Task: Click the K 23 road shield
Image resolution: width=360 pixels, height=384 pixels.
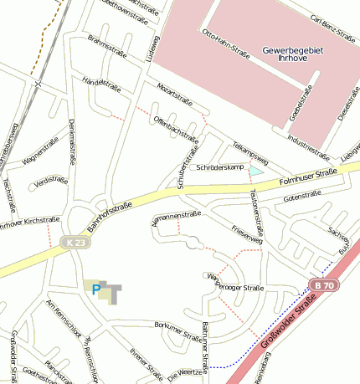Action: pos(75,243)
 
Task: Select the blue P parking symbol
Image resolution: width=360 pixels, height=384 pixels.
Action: pos(96,291)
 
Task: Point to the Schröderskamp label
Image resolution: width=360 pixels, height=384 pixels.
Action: pos(219,168)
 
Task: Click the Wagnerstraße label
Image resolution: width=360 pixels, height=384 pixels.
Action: pos(45,153)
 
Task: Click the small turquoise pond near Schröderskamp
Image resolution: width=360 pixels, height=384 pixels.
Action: pos(256,170)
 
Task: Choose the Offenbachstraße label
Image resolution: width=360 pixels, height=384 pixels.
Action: pos(176,128)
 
